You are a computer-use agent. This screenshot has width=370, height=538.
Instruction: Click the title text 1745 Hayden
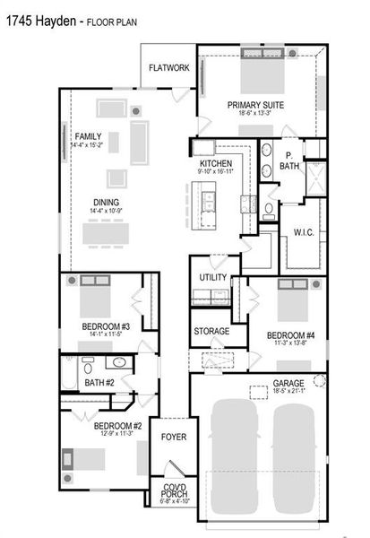coord(39,18)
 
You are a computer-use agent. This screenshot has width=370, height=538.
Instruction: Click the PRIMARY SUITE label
coord(255,104)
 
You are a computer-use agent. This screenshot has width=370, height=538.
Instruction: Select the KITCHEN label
coord(216,163)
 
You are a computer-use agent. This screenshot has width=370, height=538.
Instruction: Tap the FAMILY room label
coord(88,135)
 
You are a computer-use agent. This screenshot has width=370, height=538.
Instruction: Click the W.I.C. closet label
coord(303,232)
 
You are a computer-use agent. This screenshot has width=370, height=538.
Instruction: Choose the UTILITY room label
coord(212,278)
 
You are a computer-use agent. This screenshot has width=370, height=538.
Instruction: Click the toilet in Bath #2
coord(87,365)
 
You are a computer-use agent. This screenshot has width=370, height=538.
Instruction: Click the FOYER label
coord(173,437)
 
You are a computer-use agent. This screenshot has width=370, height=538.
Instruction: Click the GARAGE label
coord(288,383)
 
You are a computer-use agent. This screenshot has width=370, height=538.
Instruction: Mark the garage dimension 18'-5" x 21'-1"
coord(288,392)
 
